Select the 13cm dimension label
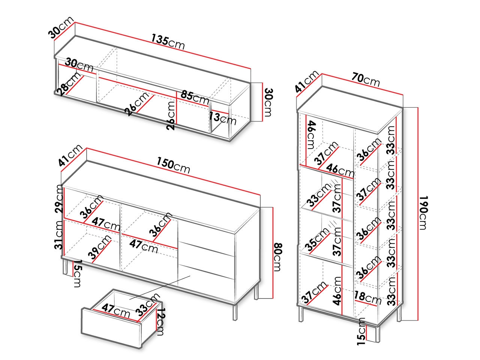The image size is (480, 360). (x=222, y=118)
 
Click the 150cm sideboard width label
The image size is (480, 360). (x=173, y=165)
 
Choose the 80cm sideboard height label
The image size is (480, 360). (x=278, y=257)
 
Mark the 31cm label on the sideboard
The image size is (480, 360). (x=59, y=235)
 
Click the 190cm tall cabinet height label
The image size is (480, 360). (x=424, y=213)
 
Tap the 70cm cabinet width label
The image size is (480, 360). (x=366, y=80)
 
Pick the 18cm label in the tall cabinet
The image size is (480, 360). (x=367, y=298)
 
